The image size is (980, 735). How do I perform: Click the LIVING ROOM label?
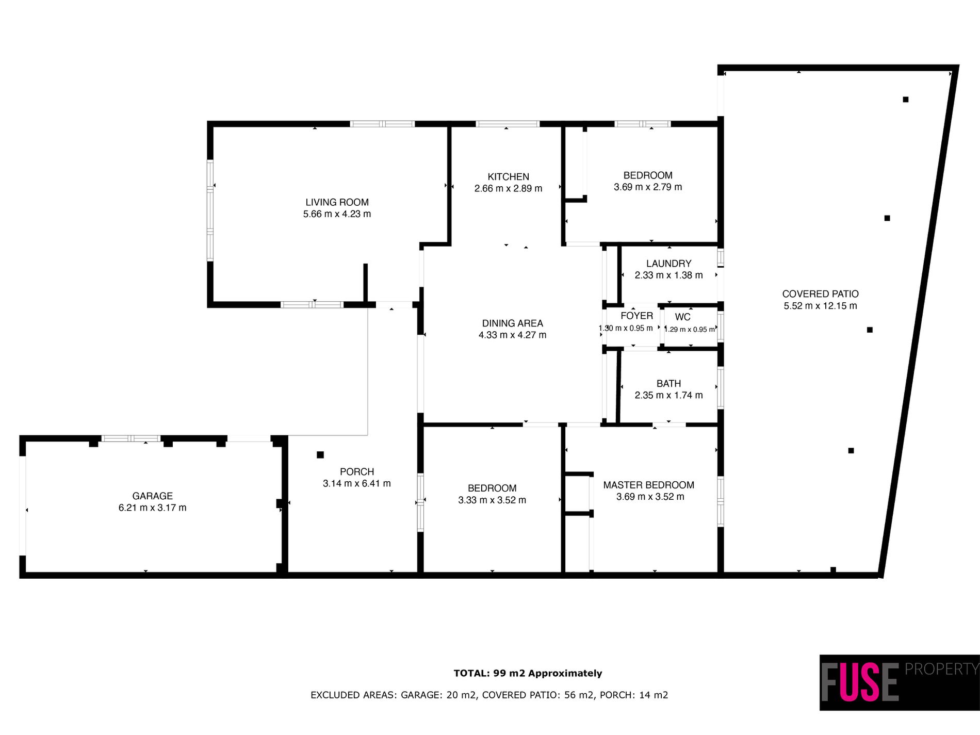click(x=337, y=202)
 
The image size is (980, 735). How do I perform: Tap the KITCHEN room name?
click(x=508, y=177)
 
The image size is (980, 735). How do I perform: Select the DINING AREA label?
click(x=512, y=323)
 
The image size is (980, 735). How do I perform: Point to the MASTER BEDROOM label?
click(x=648, y=485)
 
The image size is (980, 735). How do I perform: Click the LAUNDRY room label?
click(x=668, y=264)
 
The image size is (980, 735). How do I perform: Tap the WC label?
click(x=682, y=317)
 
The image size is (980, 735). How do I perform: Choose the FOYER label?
click(x=636, y=316)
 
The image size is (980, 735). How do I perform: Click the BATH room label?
click(x=668, y=384)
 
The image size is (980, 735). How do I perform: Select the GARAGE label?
click(x=152, y=496)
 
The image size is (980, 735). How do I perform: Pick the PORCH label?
click(x=357, y=472)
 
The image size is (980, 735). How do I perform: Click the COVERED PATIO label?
click(x=820, y=294)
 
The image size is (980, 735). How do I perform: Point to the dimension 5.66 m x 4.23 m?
click(x=337, y=214)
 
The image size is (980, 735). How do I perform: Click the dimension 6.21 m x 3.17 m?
click(x=152, y=508)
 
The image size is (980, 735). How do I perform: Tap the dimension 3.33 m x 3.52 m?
click(x=492, y=500)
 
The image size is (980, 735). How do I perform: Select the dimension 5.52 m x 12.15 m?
click(x=820, y=306)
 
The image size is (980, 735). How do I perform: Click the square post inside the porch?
click(x=320, y=455)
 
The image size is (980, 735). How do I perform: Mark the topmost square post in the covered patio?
click(x=905, y=100)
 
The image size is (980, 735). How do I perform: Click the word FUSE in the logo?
click(x=860, y=682)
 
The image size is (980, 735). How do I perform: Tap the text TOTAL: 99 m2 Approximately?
click(x=528, y=673)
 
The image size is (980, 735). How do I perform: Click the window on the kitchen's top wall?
click(x=507, y=124)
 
